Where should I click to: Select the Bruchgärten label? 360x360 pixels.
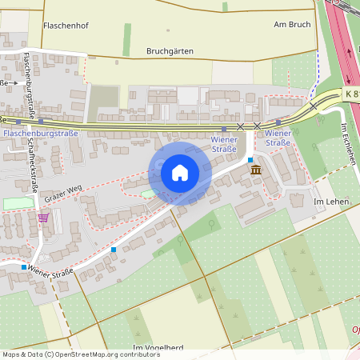[x=170, y=50]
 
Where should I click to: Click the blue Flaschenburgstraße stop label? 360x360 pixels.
[x=41, y=133]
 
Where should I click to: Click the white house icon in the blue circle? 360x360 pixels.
[x=180, y=172]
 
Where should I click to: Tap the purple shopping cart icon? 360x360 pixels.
[x=42, y=217]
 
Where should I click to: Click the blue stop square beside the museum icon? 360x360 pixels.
[x=250, y=160]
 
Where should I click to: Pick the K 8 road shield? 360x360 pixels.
[x=352, y=94]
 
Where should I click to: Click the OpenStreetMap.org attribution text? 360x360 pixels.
[x=104, y=354]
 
